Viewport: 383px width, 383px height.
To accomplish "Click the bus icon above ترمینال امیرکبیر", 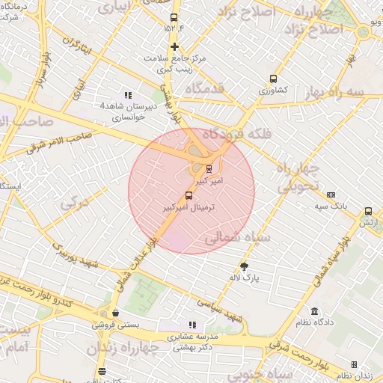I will [x=188, y=196].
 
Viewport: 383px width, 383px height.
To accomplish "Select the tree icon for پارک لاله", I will [x=244, y=267].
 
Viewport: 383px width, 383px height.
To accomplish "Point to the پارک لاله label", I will [x=245, y=278].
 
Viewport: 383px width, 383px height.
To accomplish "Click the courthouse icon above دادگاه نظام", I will [x=314, y=311].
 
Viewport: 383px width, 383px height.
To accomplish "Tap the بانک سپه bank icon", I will [x=331, y=194].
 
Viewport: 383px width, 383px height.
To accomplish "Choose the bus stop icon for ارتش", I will [x=368, y=212].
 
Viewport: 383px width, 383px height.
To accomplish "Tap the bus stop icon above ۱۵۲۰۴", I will [x=174, y=18].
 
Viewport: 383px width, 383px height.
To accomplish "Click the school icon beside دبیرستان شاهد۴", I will [x=129, y=95].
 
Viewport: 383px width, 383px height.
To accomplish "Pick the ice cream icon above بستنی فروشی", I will [x=115, y=313].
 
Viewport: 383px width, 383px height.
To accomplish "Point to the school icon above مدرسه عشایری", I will [x=192, y=325].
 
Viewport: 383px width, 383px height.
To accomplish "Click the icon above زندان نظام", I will [x=354, y=365].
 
